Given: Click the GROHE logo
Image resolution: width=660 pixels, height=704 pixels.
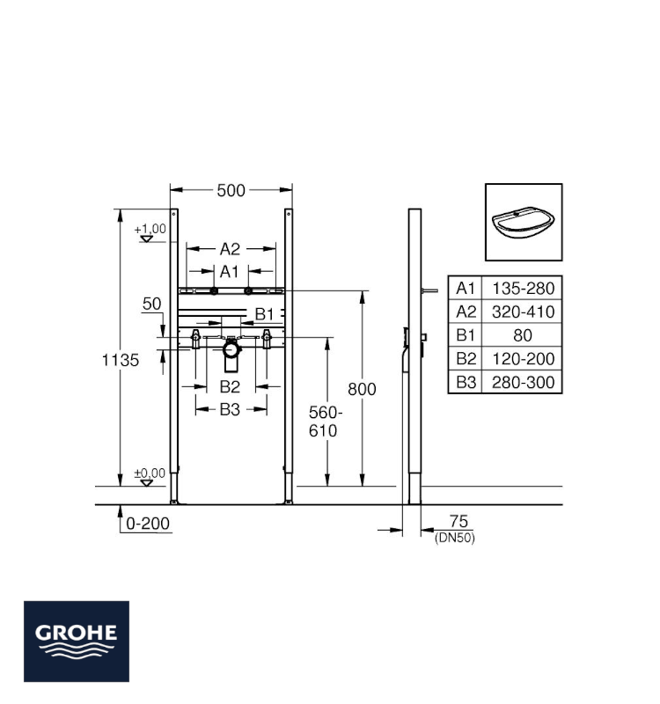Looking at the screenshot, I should (x=77, y=641).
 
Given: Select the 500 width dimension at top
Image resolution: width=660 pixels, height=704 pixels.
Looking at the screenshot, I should (x=231, y=189).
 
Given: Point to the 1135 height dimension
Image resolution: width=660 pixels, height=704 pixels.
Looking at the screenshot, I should (x=121, y=360).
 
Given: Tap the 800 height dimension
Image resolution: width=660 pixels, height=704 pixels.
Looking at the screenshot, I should (x=361, y=389).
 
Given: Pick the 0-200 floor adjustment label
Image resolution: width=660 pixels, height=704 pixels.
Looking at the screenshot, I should (x=147, y=523).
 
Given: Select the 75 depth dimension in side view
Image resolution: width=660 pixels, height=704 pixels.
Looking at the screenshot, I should (x=454, y=523).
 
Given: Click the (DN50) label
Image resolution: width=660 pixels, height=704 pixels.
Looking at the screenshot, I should (x=454, y=539).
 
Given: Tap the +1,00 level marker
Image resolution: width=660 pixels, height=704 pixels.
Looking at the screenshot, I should (x=150, y=230).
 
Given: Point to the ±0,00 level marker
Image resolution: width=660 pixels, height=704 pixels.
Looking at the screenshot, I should (x=150, y=474).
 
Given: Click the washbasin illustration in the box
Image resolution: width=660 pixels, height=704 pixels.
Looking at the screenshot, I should (x=524, y=222).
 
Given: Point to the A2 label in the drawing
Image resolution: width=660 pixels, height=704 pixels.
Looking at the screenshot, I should (x=231, y=249).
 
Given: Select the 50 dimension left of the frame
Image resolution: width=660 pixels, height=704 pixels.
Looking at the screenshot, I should (x=152, y=304).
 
